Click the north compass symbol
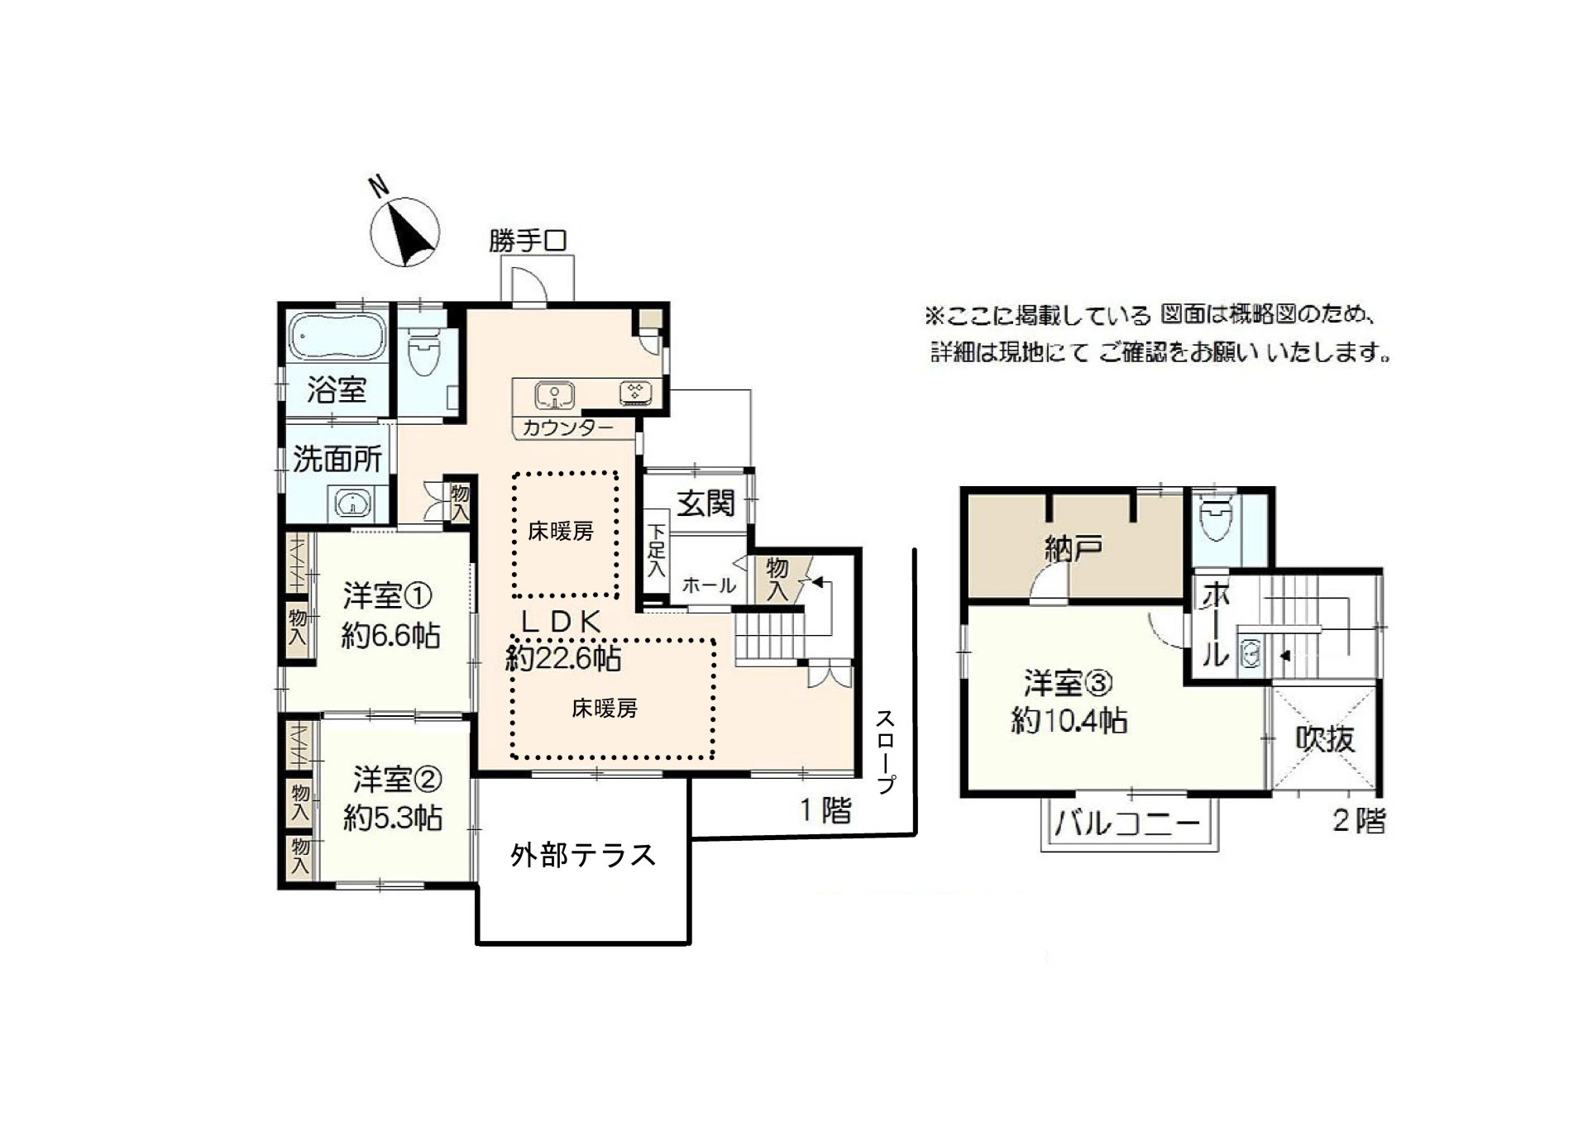click(x=404, y=232)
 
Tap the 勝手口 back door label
click(x=528, y=241)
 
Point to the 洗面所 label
click(x=337, y=459)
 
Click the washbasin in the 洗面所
click(x=352, y=503)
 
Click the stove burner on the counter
click(x=636, y=393)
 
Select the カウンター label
click(x=568, y=428)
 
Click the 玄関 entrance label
click(x=706, y=503)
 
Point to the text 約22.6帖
click(x=564, y=658)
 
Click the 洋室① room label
click(x=387, y=595)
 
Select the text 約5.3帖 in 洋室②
click(x=393, y=818)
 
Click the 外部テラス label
click(x=583, y=855)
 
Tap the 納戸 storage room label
click(x=1074, y=549)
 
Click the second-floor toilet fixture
click(x=1215, y=518)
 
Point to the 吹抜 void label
click(x=1325, y=738)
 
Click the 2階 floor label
click(x=1359, y=821)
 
